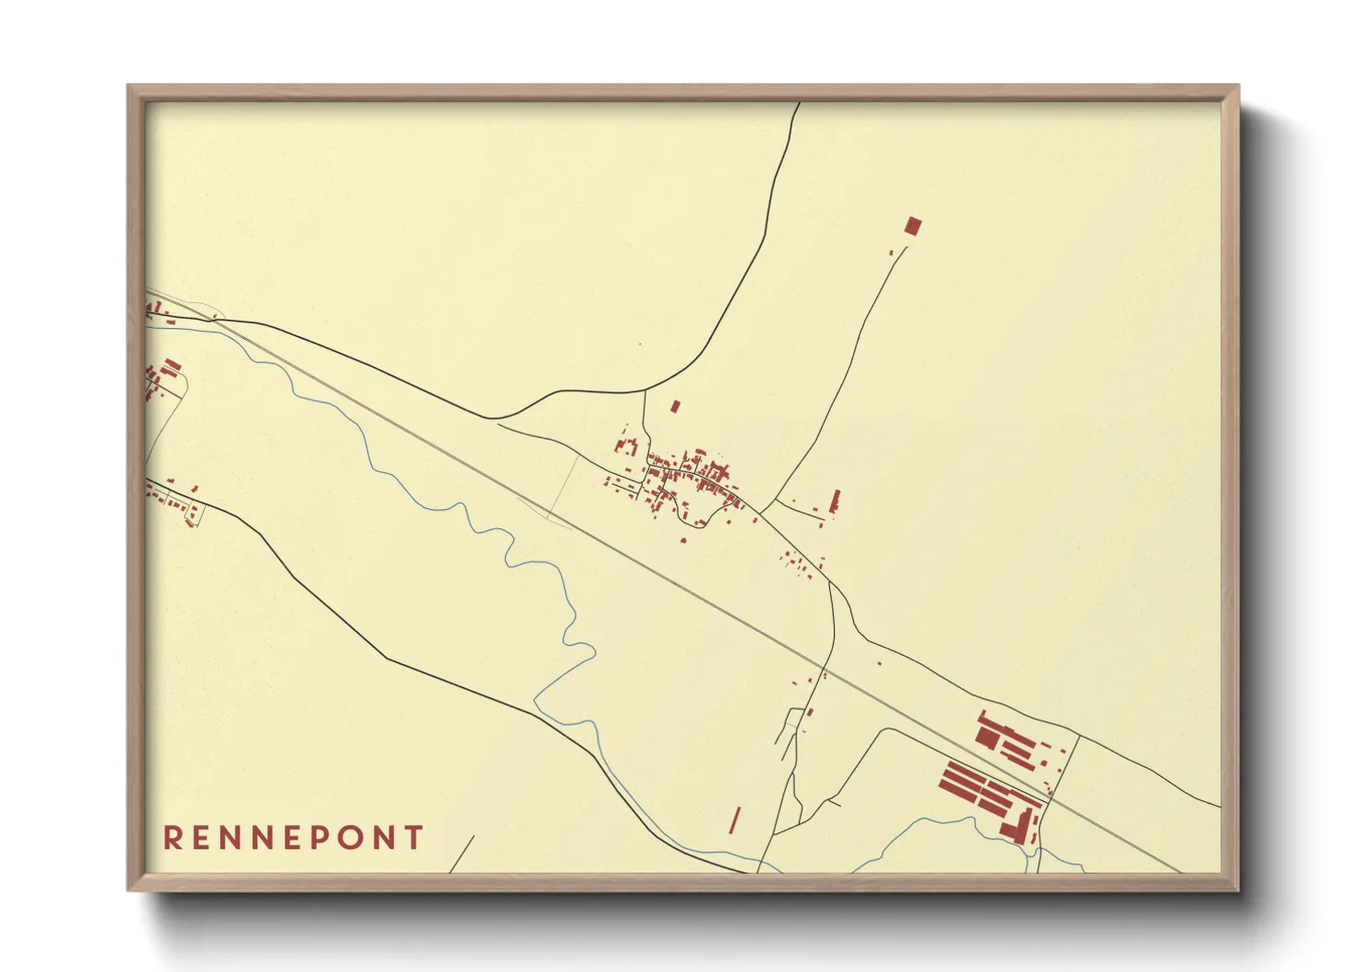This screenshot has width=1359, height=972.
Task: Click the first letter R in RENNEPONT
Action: coord(172,838)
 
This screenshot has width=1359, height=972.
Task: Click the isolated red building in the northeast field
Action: coord(912,226)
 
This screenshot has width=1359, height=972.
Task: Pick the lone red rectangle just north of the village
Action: coord(675,405)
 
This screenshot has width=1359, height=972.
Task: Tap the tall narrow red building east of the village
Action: coord(835,501)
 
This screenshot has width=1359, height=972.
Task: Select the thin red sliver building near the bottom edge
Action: coord(735,819)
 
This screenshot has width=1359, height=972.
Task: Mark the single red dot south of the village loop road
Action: coord(682,540)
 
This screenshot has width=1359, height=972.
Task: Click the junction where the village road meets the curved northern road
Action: coord(645,391)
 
